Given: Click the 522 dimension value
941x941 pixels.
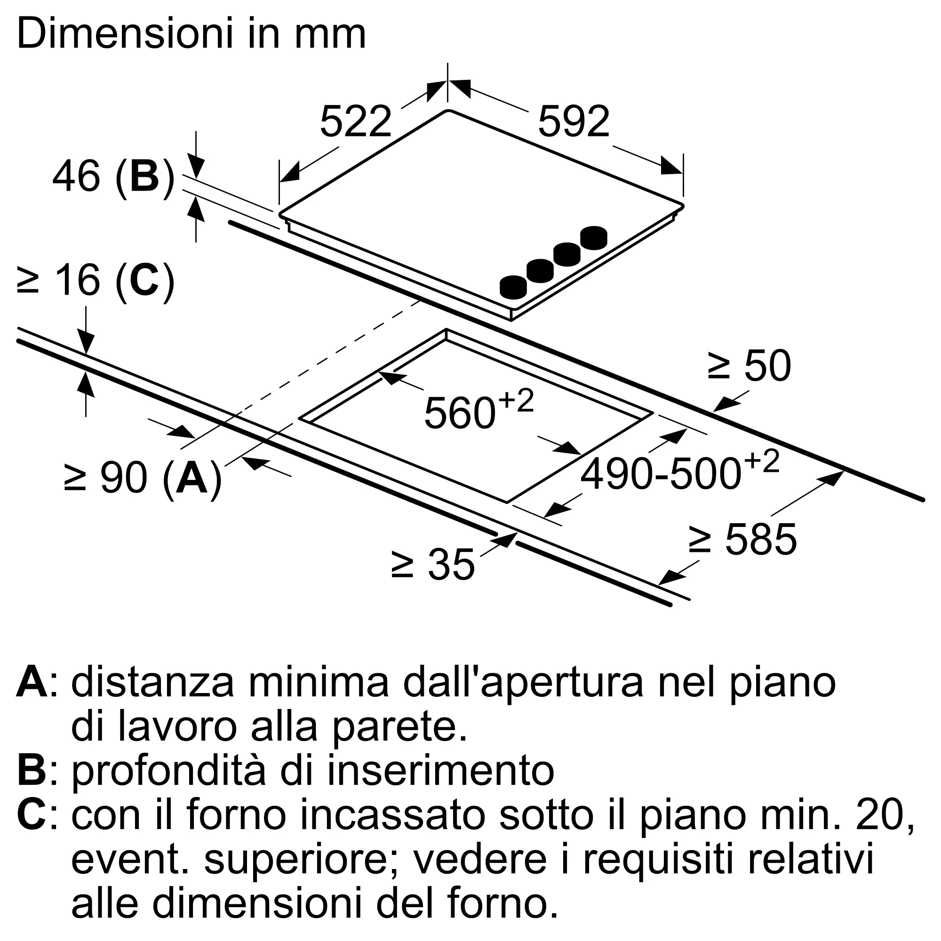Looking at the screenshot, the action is tap(356, 121).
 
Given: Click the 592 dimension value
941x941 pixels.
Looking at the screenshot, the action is tap(574, 121).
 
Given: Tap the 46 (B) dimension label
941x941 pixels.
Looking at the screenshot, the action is tap(113, 177).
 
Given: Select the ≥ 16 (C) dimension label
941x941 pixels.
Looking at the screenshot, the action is tap(96, 281).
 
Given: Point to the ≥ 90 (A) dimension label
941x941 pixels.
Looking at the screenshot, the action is tap(143, 479).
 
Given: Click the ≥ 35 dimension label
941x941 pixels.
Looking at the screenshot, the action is tap(432, 565).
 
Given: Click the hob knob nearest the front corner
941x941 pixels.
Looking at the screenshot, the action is tap(513, 287).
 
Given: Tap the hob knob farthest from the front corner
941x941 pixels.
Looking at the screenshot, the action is tap(594, 238).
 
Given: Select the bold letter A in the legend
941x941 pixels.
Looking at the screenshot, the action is tap(32, 683).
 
